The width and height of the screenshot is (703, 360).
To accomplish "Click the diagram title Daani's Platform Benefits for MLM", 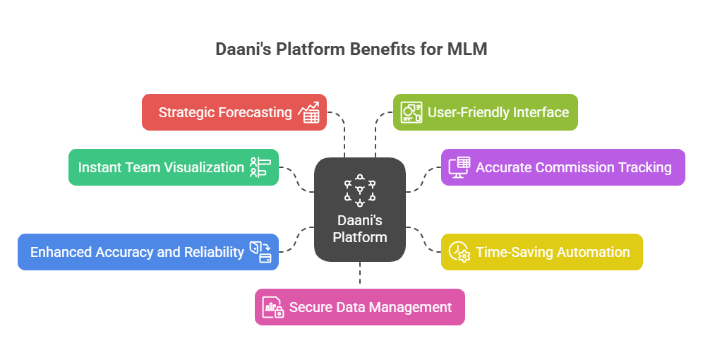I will (x=351, y=49).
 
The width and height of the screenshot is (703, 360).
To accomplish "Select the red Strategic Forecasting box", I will (x=234, y=112).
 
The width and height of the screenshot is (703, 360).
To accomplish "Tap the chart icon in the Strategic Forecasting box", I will (x=308, y=113).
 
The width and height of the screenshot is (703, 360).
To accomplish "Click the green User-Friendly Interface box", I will (x=485, y=112).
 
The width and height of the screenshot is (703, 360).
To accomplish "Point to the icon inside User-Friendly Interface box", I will (x=411, y=113).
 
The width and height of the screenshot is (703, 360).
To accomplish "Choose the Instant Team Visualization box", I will (x=173, y=167).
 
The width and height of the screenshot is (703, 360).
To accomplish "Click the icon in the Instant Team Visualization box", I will (x=260, y=167).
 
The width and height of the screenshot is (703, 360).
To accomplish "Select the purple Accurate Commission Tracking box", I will (x=563, y=167).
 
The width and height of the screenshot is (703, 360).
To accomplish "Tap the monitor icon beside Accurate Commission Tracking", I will (x=459, y=167).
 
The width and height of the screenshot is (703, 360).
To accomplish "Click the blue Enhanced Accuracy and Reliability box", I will (x=148, y=252).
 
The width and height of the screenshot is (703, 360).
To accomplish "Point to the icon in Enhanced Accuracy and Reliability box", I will (x=260, y=252).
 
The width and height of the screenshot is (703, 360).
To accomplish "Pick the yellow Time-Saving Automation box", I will (x=541, y=252).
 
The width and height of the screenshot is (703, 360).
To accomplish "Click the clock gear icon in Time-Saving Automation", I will (x=459, y=252).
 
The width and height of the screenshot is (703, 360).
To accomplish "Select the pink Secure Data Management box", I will (x=359, y=307).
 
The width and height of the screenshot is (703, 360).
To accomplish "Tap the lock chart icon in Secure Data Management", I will (x=273, y=308).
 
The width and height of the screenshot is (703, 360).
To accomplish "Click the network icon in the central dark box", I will (x=360, y=190).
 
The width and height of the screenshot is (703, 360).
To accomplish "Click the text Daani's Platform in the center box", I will (x=360, y=229).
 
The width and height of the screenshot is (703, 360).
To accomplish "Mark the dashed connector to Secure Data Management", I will (x=360, y=275).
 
